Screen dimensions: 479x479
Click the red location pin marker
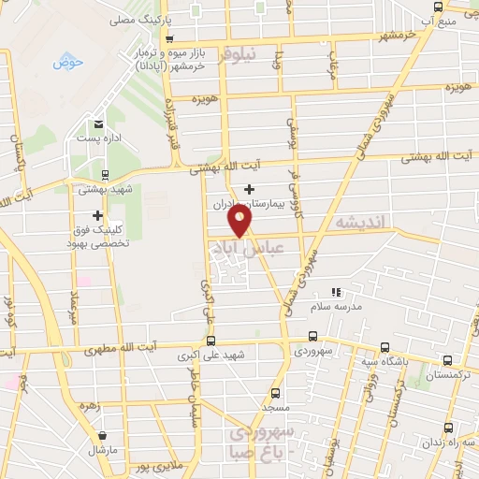240,221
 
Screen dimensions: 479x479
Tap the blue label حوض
68,62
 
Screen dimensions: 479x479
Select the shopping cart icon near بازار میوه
168,38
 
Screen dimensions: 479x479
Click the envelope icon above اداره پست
98,123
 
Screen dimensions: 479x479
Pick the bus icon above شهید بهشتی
104,174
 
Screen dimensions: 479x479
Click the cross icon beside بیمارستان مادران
249,189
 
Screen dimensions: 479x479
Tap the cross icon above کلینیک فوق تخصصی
97,216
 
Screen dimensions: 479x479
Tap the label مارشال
101,450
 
